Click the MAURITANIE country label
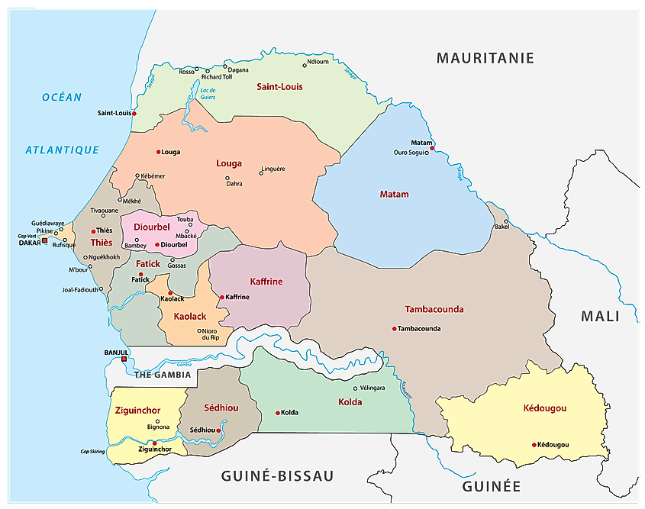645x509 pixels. point(485,58)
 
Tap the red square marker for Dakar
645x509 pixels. point(44,240)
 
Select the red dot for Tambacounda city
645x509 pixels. point(395,329)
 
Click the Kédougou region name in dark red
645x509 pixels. point(545,408)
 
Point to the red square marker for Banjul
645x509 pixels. point(124,359)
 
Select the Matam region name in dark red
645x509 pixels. point(394,195)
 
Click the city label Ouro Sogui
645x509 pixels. point(411,152)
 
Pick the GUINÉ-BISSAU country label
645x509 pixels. point(277,476)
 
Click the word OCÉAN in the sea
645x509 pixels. point(62,97)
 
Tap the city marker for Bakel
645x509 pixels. point(505,222)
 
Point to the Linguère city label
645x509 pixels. point(273,169)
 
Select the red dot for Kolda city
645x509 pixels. point(278,413)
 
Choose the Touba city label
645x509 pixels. point(185,220)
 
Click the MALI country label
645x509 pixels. point(600,316)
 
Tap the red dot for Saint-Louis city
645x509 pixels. point(134,114)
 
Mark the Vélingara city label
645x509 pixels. point(372,388)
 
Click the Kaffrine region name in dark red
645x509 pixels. point(266,282)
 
